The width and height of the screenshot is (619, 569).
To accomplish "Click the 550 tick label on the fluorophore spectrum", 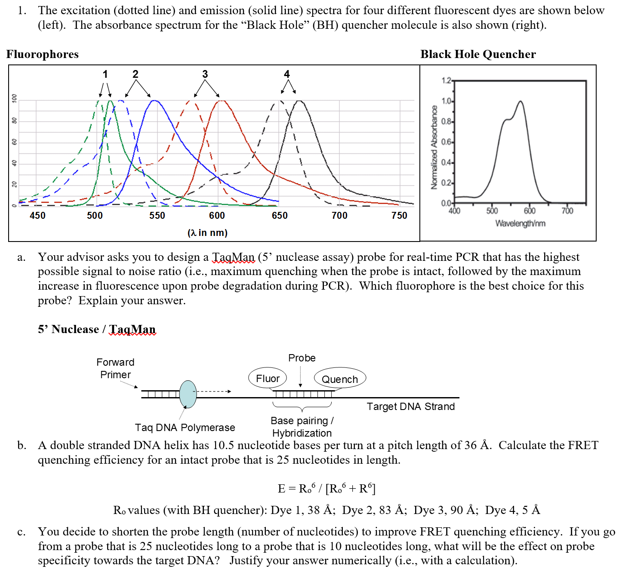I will pos(157,215).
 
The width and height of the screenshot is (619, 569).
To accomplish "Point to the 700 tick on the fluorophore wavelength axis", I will pos(339,215).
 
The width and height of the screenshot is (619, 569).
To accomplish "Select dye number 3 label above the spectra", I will pos(205,74).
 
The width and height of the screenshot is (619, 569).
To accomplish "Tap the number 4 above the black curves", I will pos(287,74).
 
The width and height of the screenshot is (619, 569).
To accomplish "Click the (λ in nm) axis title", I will pos(207,232).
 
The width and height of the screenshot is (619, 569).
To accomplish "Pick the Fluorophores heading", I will pos(43,54).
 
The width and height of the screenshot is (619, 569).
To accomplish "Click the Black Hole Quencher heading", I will pos(478,54).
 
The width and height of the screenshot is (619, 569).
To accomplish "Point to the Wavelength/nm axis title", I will pos(520,223).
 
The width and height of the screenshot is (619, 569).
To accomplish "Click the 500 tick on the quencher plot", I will pos(492,211).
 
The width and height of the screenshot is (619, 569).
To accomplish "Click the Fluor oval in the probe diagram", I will pos(268,378).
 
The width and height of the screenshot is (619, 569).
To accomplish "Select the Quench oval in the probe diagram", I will pos(340,379).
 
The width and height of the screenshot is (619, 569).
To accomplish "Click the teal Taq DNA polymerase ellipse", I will pos(188,394).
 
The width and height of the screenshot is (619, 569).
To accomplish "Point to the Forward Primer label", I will pos(115,368).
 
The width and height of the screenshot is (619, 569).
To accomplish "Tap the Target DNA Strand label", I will pos(410,407).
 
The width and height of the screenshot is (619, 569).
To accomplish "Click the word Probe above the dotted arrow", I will pos(302,358).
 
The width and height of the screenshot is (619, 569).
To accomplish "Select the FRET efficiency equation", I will pos(326,489).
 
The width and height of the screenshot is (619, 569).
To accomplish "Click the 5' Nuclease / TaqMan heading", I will pos(97,329).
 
